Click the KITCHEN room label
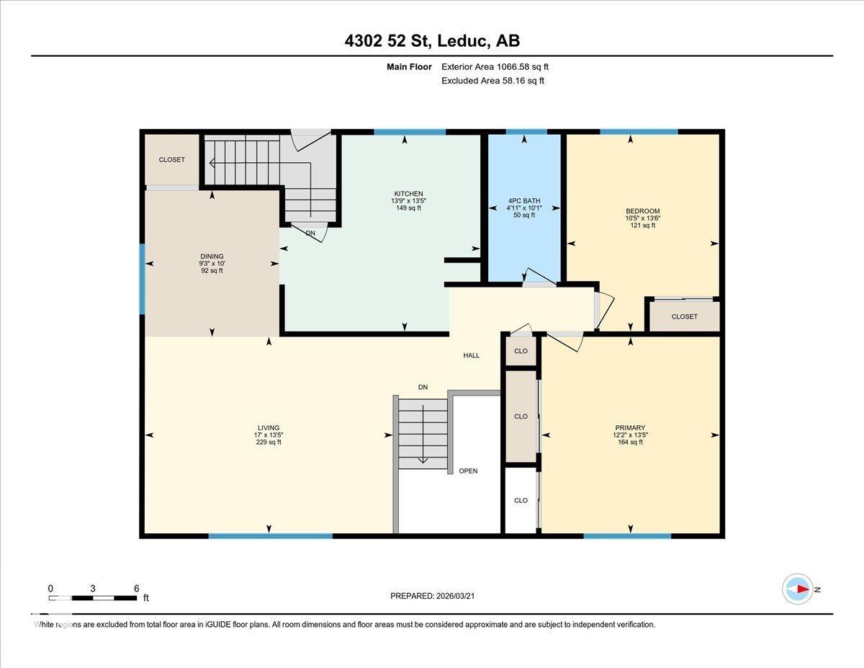(408, 194)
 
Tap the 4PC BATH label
(523, 201)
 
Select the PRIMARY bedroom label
(629, 427)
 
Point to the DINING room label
(212, 257)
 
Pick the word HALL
(471, 355)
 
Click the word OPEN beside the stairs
(468, 471)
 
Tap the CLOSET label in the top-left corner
(172, 160)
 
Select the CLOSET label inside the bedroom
(684, 316)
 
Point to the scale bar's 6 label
(136, 588)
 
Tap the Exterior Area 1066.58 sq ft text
(500, 67)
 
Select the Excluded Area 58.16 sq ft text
(492, 81)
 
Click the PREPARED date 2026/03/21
(432, 596)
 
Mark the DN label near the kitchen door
(310, 233)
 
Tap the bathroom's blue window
(526, 132)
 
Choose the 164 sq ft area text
(629, 442)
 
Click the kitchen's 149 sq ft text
(408, 208)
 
